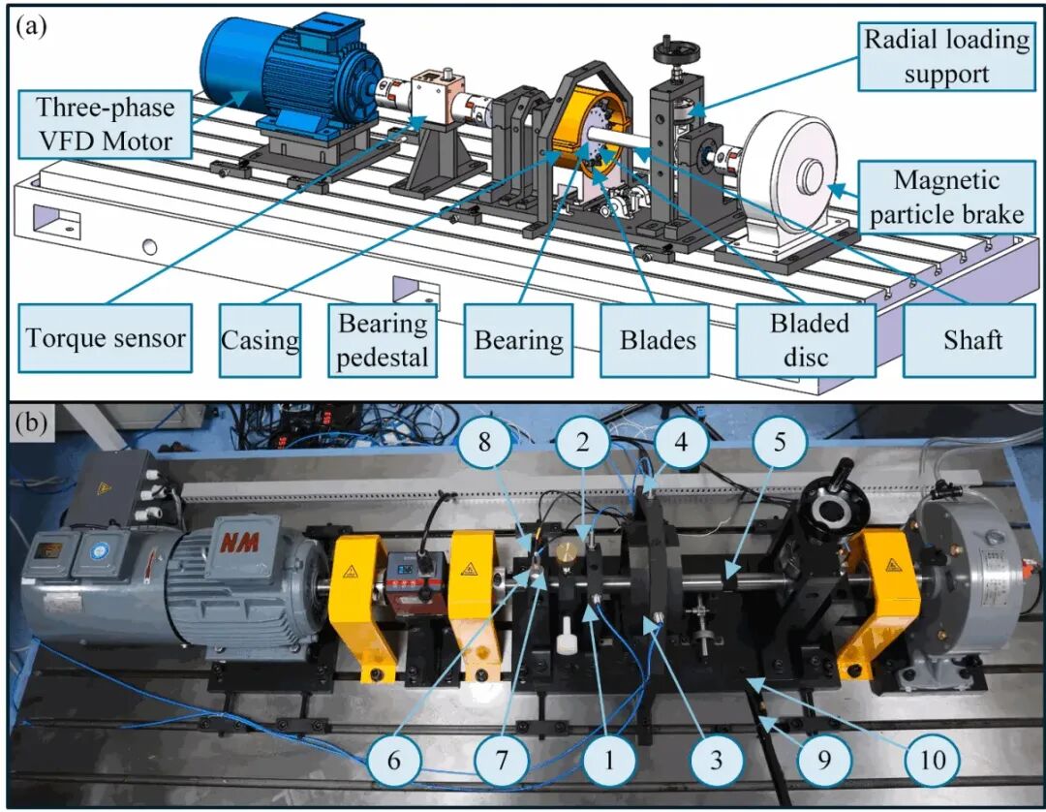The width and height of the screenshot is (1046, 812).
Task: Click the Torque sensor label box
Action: [105, 338]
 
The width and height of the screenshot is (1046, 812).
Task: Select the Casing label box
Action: [261, 340]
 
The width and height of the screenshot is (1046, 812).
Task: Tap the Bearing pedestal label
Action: [383, 340]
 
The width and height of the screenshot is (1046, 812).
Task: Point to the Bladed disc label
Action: [806, 340]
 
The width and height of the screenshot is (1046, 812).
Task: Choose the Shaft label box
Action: [972, 340]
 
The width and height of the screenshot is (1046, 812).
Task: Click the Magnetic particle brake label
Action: [946, 197]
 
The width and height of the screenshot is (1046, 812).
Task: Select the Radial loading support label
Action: [946, 56]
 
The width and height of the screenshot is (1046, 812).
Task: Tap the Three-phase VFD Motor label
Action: [106, 124]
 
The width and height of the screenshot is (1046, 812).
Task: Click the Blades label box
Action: [658, 340]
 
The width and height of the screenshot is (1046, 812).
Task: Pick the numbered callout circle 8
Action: [485, 442]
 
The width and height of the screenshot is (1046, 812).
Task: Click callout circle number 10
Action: [933, 759]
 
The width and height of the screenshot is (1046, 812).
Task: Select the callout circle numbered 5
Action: [780, 442]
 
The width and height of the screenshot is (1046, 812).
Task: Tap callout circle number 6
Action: [394, 759]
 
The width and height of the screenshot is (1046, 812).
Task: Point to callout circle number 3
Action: [716, 759]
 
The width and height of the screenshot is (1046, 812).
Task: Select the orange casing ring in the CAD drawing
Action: [579, 127]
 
